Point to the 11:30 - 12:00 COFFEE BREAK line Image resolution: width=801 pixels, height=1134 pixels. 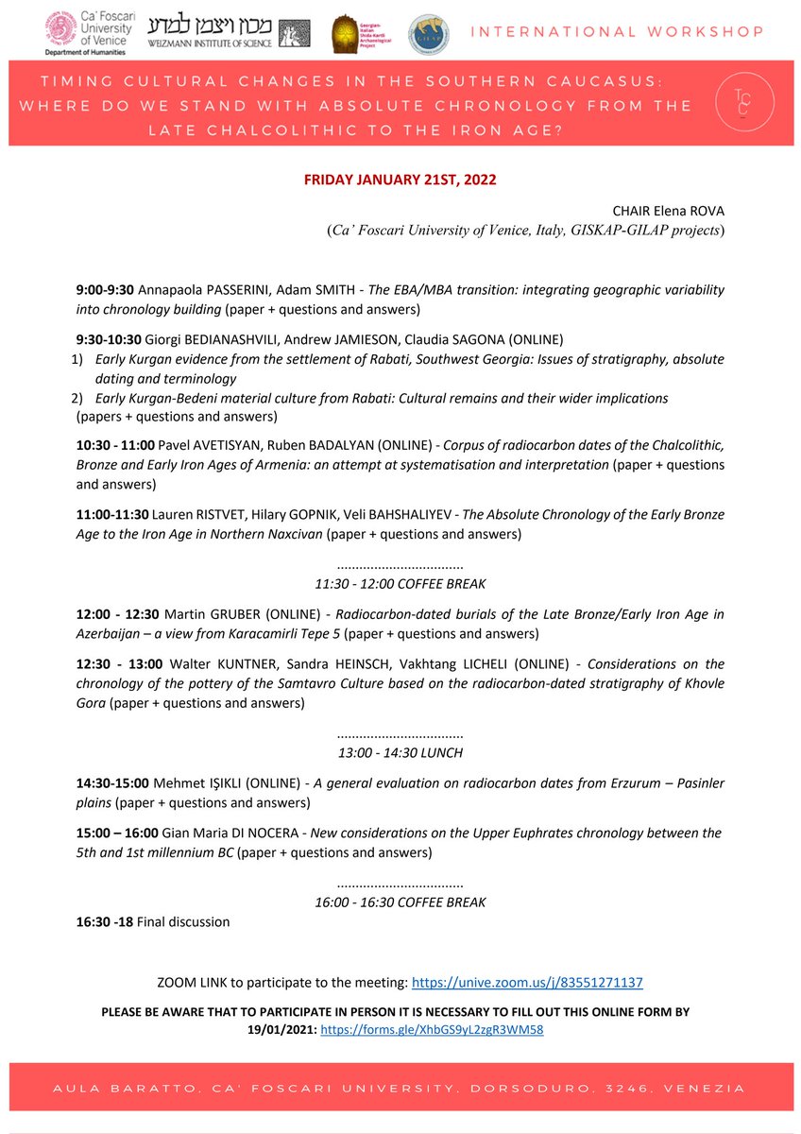tap(400, 583)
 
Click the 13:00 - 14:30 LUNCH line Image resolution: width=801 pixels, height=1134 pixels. tap(400, 752)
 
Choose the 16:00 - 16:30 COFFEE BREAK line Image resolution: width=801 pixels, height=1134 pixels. tap(400, 902)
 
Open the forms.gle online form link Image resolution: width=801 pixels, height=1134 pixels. tap(432, 1030)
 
